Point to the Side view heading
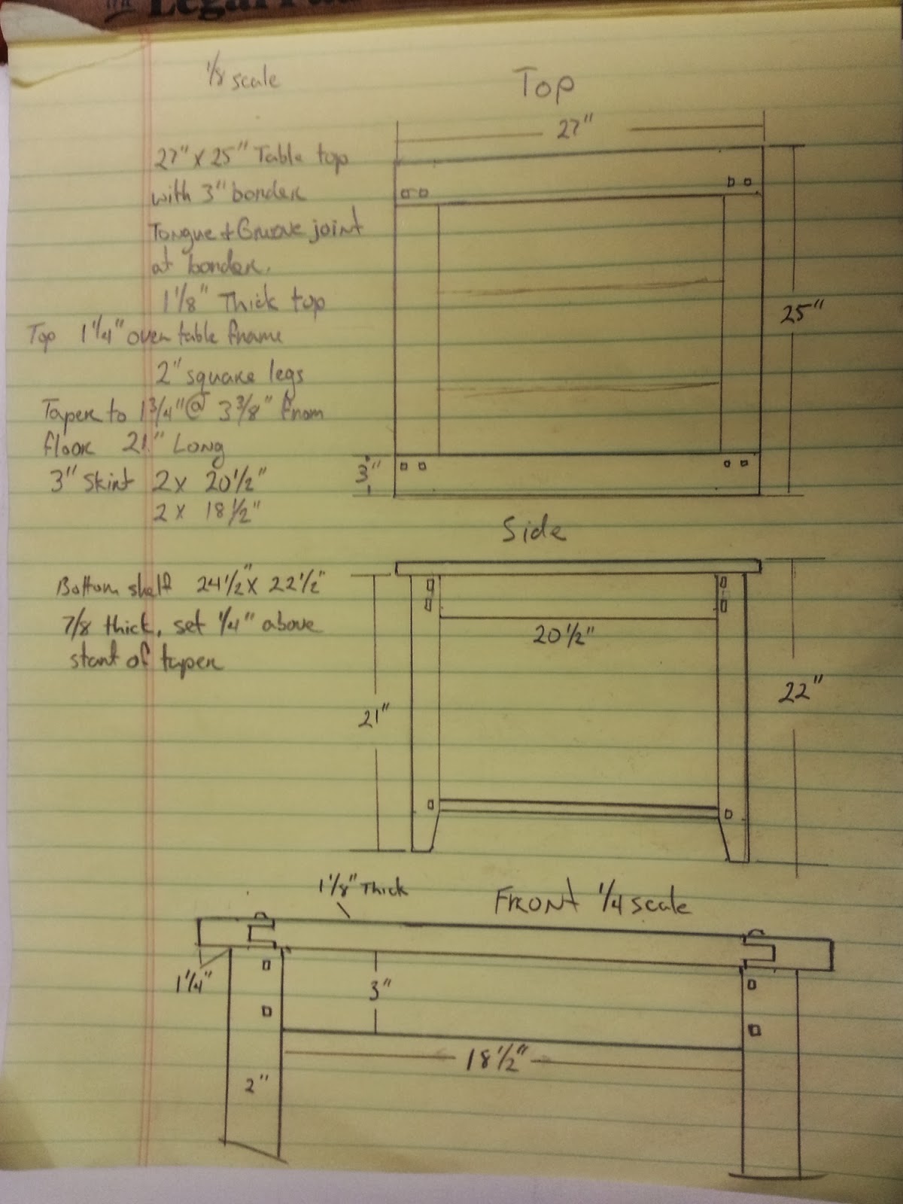click(534, 531)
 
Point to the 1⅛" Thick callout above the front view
click(363, 888)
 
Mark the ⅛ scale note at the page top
click(242, 77)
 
